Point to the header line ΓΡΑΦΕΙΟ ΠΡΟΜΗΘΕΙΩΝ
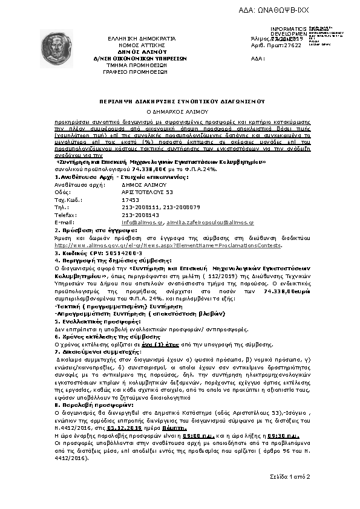[135, 71]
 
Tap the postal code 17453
[130, 198]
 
